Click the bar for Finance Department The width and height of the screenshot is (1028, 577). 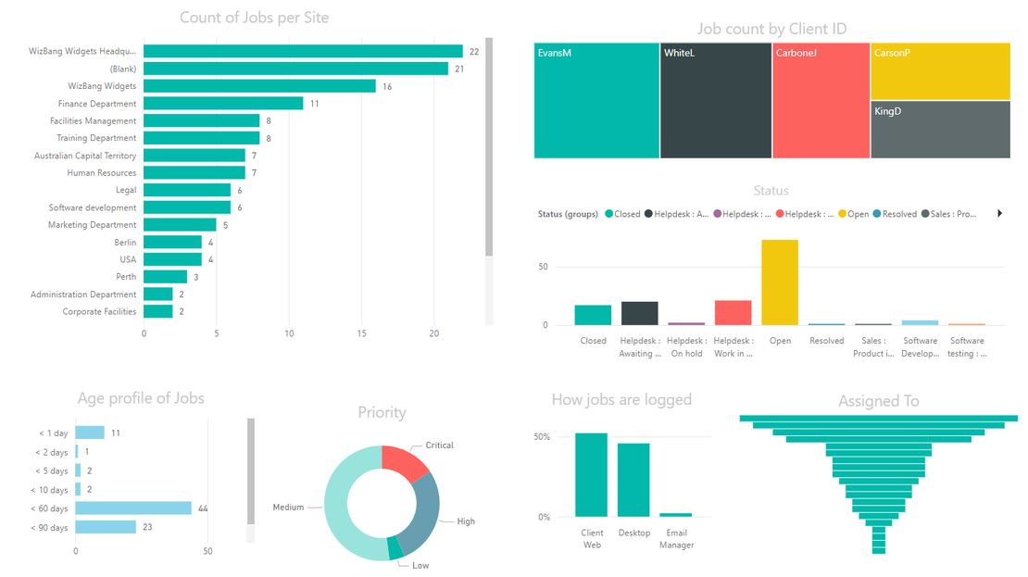(223, 104)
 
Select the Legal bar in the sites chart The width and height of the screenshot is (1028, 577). (187, 190)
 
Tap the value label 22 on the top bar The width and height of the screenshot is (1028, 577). (473, 52)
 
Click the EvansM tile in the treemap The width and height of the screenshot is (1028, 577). (596, 102)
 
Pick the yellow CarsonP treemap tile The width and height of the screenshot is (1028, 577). (939, 72)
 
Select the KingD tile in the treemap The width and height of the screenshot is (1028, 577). (939, 130)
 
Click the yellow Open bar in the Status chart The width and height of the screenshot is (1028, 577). (780, 282)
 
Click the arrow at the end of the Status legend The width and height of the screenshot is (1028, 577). (999, 214)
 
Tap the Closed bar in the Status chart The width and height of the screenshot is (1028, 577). (593, 315)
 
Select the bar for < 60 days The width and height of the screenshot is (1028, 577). (133, 508)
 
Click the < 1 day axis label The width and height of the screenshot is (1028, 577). (53, 433)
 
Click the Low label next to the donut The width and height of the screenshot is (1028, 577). (420, 565)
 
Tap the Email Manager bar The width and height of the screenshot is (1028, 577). (676, 515)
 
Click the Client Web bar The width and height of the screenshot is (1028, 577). (591, 475)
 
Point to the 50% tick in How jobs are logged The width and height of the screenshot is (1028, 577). (542, 437)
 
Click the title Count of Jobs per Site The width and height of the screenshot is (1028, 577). (254, 18)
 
